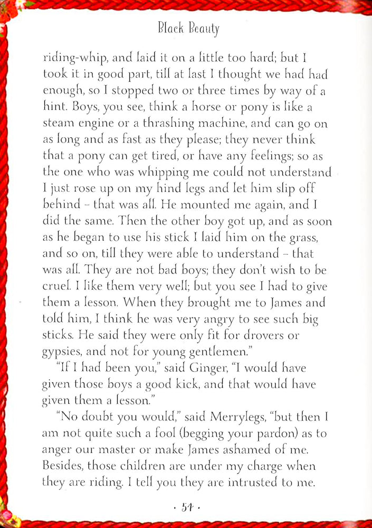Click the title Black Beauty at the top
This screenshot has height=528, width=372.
point(188,29)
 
